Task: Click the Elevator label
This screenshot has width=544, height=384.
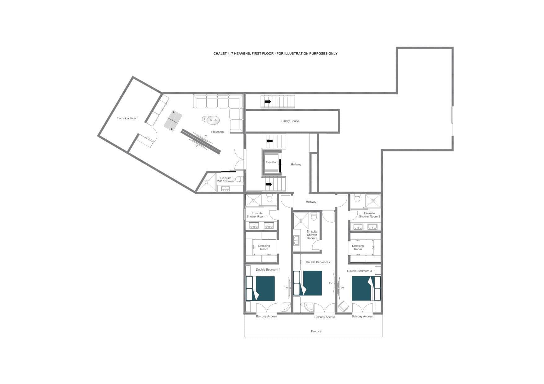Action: click(x=271, y=162)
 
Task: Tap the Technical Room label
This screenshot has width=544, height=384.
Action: click(x=127, y=118)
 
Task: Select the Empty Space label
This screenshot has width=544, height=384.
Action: click(x=290, y=121)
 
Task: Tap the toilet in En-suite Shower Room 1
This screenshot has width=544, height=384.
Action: click(x=269, y=198)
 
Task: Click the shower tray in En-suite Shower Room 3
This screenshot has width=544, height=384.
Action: click(x=372, y=200)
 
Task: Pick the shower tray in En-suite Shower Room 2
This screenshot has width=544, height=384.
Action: click(x=301, y=220)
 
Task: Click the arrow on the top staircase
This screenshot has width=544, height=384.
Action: click(x=268, y=102)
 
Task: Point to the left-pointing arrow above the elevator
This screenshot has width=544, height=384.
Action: click(x=270, y=141)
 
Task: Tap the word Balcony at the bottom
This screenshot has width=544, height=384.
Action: click(x=316, y=331)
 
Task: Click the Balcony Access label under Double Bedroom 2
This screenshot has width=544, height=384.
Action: click(x=324, y=317)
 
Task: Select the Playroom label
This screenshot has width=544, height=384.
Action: click(x=217, y=132)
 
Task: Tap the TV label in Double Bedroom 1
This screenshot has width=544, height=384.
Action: click(x=286, y=288)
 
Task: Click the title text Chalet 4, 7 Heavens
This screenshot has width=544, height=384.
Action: click(x=275, y=54)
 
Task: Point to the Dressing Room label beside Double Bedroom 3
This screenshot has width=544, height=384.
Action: click(x=358, y=247)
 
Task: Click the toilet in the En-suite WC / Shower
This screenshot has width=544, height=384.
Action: click(x=239, y=179)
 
